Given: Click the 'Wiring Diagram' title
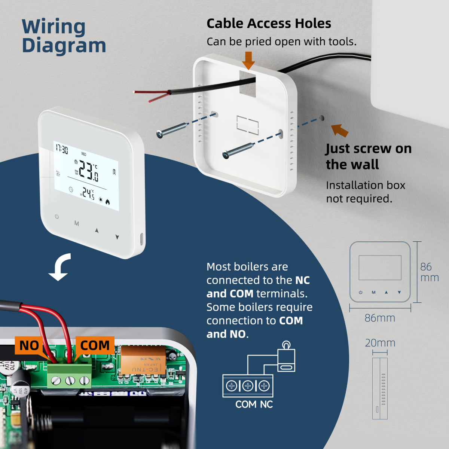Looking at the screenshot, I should [64, 36].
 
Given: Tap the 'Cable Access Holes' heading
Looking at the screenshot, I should [269, 24].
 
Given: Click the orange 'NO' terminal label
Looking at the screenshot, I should [29, 345].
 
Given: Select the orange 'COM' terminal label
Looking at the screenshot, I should [95, 345].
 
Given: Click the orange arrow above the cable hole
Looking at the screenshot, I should [248, 60].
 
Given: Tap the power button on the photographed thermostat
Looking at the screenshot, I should [57, 216].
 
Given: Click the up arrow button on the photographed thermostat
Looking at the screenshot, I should [97, 230].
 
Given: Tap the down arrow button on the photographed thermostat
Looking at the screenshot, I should [117, 237].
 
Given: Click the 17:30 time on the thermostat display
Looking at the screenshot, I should [61, 149].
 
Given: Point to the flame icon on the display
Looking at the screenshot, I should [108, 202].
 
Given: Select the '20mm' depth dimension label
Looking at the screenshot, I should [380, 343].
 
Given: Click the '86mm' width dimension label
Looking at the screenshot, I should [380, 318].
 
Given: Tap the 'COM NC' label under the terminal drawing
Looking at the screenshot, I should [254, 404].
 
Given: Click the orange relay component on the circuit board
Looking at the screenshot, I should [143, 360].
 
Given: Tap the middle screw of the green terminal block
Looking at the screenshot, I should [70, 381].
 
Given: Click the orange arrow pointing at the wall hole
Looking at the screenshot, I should [340, 130].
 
